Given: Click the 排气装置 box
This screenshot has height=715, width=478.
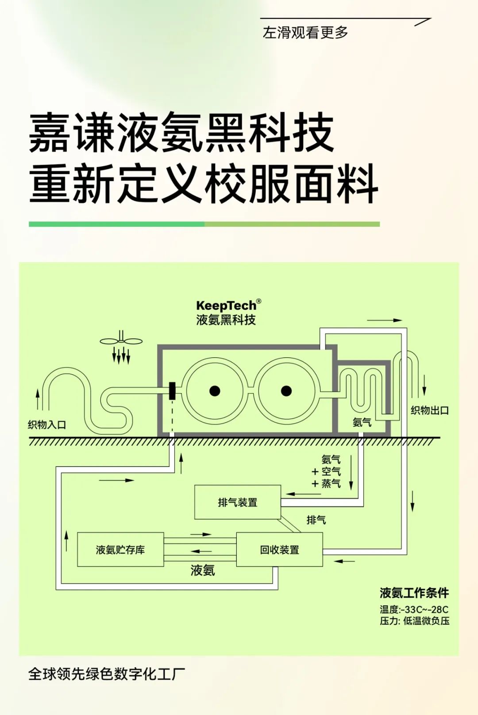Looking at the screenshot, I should click(x=238, y=502).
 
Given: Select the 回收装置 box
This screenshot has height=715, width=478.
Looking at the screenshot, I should click(x=279, y=550).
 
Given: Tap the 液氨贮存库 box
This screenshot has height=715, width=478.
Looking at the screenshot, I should click(x=120, y=550).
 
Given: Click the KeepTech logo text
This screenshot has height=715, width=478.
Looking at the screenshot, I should click(x=226, y=306).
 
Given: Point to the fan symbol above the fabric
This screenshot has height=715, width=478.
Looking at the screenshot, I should click(x=121, y=341).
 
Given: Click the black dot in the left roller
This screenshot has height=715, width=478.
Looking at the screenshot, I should click(x=215, y=391).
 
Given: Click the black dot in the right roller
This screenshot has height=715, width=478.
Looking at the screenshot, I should click(x=286, y=391).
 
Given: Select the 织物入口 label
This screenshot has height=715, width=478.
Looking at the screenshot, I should click(x=47, y=425).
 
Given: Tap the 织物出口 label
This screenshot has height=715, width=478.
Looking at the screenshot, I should click(x=429, y=410).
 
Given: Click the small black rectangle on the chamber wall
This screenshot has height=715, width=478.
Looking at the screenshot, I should click(x=172, y=391).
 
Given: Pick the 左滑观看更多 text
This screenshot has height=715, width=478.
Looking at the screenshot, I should click(x=305, y=32).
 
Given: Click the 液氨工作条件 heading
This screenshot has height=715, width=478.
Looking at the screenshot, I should click(x=414, y=593).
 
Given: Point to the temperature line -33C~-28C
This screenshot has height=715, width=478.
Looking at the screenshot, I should click(x=414, y=609).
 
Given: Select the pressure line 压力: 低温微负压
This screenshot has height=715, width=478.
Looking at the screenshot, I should click(x=414, y=621).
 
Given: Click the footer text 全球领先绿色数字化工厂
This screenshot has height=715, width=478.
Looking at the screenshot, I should click(x=106, y=674).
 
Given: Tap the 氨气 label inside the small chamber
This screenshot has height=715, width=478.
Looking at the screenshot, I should click(x=362, y=422).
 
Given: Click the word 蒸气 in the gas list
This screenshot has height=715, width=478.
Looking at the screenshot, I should click(x=331, y=484).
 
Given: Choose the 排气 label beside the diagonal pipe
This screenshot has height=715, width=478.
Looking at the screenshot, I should click(x=316, y=520).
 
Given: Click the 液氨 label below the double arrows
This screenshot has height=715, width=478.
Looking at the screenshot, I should click(x=203, y=570).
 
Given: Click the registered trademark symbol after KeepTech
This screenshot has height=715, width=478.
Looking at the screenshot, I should click(x=259, y=301).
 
